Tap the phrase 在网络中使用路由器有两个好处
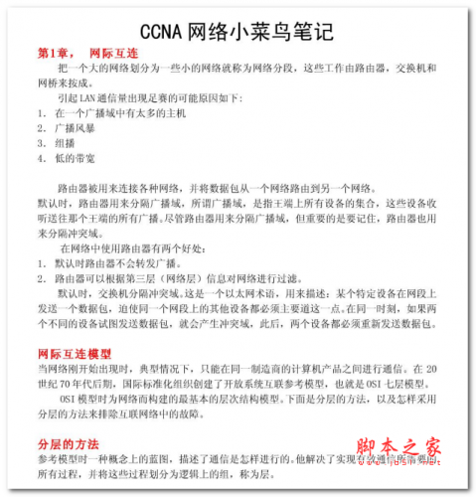tap(133, 248)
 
